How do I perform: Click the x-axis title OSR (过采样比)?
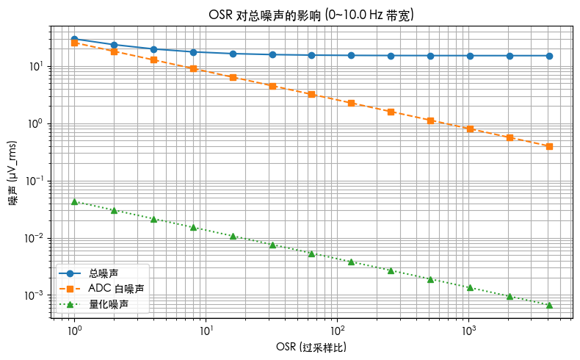[x=311, y=346]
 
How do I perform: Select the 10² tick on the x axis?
[x=337, y=331]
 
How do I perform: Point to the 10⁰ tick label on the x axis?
[x=74, y=331]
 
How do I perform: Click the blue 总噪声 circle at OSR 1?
[x=74, y=39]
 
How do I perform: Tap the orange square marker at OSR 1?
[x=74, y=43]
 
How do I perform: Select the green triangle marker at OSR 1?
[x=74, y=201]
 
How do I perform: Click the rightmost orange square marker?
[x=549, y=146]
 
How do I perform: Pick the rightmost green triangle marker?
[x=549, y=305]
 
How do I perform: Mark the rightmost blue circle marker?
[x=549, y=56]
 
